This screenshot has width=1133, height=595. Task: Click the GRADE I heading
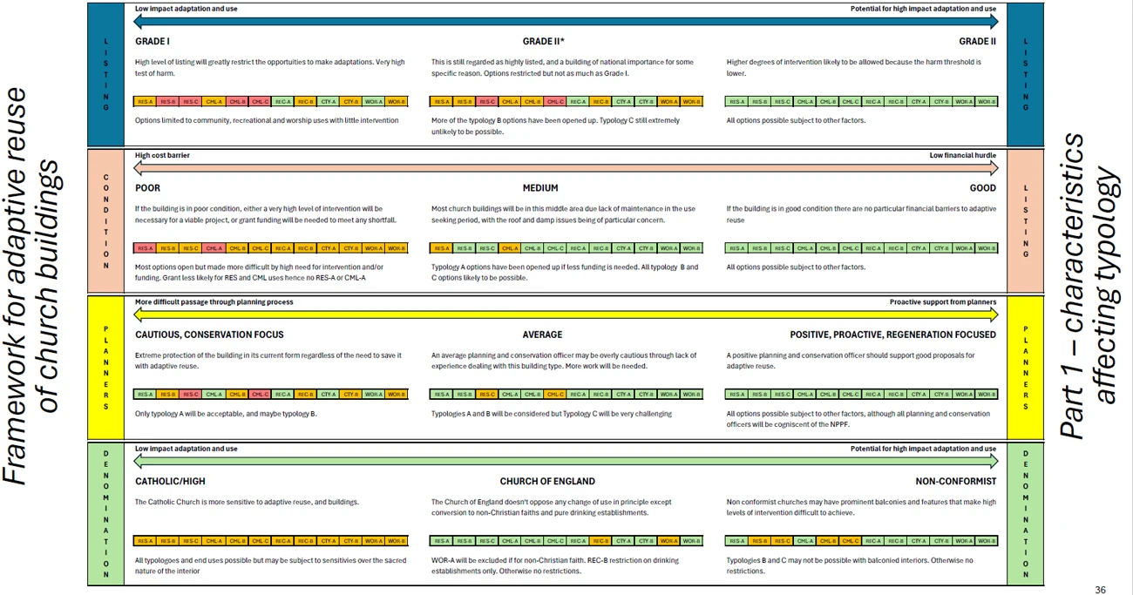153,42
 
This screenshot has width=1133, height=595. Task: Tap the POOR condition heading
147,188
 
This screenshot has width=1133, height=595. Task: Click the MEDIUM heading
540,188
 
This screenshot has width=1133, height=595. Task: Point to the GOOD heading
982,188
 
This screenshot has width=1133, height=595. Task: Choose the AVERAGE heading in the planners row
542,335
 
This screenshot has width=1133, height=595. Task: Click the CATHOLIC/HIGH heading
170,481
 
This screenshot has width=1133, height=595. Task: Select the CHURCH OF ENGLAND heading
547,481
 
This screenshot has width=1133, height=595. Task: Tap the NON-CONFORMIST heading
955,481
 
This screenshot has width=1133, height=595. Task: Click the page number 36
1100,590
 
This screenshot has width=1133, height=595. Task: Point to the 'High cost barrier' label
162,156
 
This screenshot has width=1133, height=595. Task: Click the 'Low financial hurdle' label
962,156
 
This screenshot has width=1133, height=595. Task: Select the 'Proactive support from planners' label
942,302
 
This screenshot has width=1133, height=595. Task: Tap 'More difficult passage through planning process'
214,302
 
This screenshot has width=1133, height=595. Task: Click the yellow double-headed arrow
566,314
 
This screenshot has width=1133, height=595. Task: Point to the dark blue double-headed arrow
566,21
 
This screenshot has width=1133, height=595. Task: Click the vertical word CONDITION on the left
106,221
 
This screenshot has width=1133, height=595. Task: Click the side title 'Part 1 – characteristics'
1074,287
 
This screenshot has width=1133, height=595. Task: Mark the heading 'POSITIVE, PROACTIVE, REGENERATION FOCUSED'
892,335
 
